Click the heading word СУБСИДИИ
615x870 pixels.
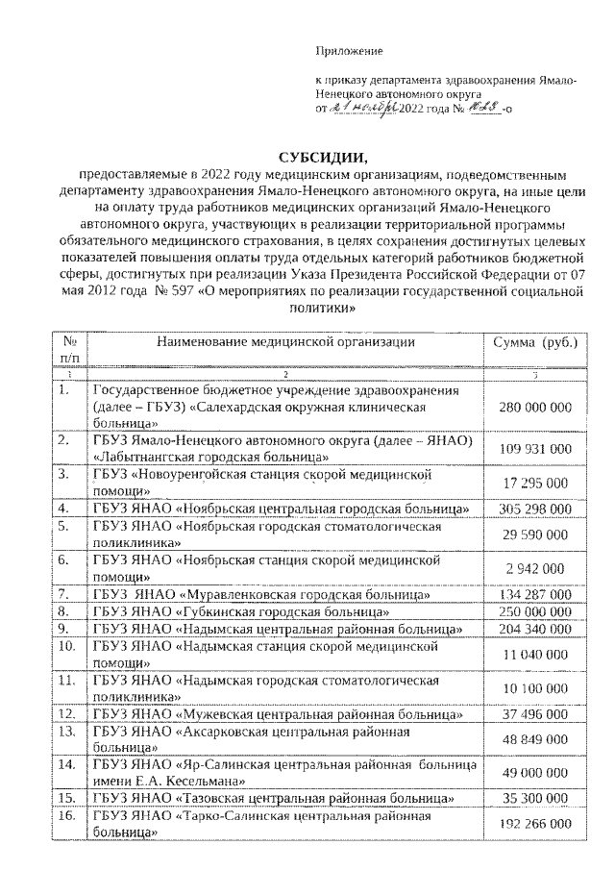pyautogui.click(x=323, y=158)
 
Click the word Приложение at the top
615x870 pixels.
pyautogui.click(x=350, y=50)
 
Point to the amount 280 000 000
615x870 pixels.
pyautogui.click(x=535, y=408)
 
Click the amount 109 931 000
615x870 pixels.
pyautogui.click(x=535, y=449)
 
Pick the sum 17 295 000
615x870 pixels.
pyautogui.click(x=535, y=481)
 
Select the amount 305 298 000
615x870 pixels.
pyautogui.click(x=535, y=508)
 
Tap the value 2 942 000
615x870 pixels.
pyautogui.click(x=535, y=569)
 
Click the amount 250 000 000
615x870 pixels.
pyautogui.click(x=535, y=611)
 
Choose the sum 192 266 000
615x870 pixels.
pyautogui.click(x=535, y=824)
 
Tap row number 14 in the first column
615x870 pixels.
pyautogui.click(x=66, y=765)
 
